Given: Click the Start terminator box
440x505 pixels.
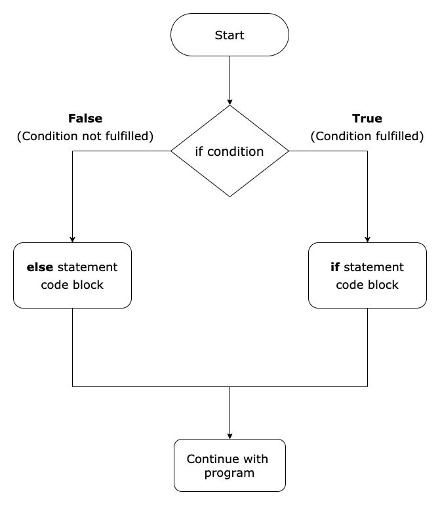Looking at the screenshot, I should (230, 35).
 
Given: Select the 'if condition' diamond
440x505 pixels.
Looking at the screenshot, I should (230, 151).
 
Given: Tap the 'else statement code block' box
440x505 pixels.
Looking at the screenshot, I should (72, 276).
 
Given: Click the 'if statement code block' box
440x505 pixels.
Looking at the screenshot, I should (367, 276).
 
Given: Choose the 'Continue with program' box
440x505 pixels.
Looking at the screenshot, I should (230, 465).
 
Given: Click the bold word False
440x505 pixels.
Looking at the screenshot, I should (85, 119).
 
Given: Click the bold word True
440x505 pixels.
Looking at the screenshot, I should (367, 119).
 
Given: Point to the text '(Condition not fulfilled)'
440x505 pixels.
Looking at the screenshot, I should (85, 136).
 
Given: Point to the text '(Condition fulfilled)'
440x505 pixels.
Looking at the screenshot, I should (367, 136).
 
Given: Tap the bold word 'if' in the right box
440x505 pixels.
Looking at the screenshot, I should (334, 267).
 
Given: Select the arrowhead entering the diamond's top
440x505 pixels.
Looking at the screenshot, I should (230, 101).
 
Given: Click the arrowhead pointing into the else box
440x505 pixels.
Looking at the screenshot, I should (72, 238).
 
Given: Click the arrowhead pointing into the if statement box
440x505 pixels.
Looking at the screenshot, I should (367, 238).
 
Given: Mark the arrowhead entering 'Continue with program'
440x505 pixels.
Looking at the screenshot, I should (230, 434).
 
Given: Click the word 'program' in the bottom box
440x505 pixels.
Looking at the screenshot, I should (230, 472).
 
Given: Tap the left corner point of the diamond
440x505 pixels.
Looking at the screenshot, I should (171, 151).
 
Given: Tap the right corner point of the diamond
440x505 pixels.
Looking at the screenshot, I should (289, 151).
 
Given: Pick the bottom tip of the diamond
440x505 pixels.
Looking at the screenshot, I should (230, 196).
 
